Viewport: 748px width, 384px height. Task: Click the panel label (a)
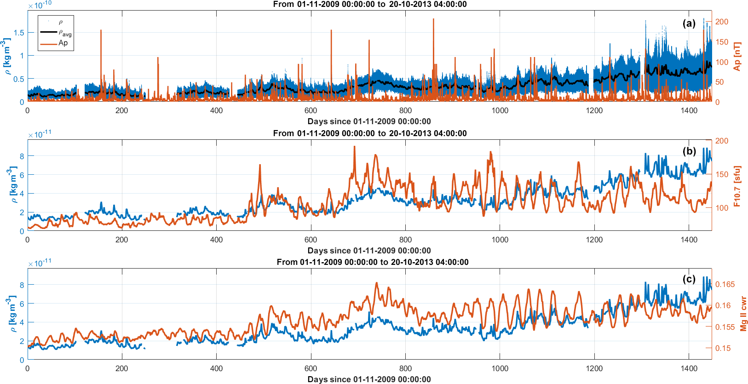[689, 23]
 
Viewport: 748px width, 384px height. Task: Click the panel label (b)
[689, 151]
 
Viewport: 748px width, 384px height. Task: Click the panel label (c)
[689, 279]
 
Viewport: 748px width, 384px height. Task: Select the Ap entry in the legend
[63, 43]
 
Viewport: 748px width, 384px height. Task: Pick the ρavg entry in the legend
[64, 33]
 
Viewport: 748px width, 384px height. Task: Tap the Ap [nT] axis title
[737, 57]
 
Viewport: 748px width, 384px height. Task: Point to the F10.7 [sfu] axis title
[737, 186]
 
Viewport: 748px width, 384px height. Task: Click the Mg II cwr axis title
[743, 314]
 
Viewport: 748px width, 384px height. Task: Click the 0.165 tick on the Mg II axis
[725, 284]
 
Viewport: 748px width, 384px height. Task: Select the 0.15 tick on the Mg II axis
[723, 348]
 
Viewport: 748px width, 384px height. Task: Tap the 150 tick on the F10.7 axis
[722, 174]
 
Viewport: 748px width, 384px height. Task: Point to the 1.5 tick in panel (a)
[19, 33]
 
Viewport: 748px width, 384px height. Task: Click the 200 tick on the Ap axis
[722, 22]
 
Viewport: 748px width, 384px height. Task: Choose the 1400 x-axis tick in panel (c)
[689, 368]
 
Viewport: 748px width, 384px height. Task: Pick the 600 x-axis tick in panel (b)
[311, 240]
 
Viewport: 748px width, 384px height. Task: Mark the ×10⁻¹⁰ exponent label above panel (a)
[40, 5]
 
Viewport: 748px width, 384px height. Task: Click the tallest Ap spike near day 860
[433, 20]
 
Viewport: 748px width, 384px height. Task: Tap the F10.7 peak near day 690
[354, 147]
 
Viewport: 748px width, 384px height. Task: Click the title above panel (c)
[373, 262]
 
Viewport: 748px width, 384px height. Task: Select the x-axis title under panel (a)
[369, 121]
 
